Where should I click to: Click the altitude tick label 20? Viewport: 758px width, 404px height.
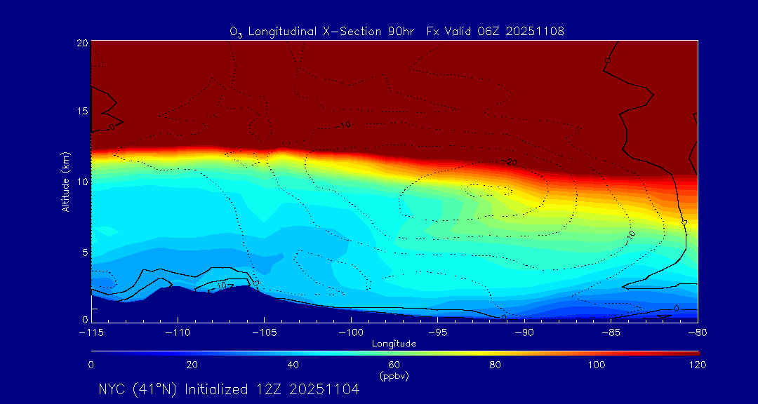coord(82,42)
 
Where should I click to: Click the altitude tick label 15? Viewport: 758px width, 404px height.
coord(82,112)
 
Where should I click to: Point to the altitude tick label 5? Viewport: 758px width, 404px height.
coord(85,252)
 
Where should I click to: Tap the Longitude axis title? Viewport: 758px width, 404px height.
coord(394,344)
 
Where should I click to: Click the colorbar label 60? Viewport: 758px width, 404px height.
coord(394,365)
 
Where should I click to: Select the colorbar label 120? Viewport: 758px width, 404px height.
coord(697,365)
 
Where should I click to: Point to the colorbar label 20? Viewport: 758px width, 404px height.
coord(192,365)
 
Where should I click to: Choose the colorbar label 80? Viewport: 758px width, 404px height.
coord(495,365)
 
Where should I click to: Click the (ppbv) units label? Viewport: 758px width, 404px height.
coord(394,376)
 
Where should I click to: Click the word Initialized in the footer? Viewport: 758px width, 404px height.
coord(216,389)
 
